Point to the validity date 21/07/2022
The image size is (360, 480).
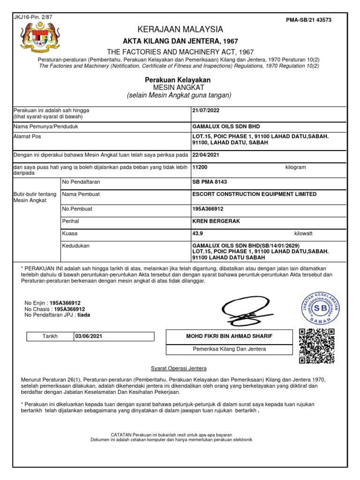click(205, 111)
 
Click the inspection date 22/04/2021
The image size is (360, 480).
click(205, 155)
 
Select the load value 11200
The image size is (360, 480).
click(200, 167)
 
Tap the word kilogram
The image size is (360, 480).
click(295, 167)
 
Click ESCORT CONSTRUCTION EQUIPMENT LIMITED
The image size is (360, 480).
click(255, 194)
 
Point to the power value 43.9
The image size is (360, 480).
click(198, 233)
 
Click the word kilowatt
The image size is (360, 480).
click(303, 233)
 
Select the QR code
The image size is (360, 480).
click(317, 346)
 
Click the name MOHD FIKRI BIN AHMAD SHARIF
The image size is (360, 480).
click(230, 337)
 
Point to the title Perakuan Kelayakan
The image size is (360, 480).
click(178, 80)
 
